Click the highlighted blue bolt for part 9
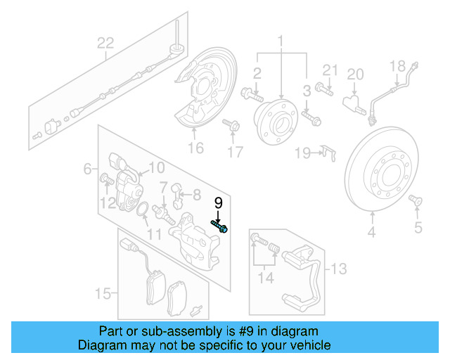click(x=219, y=226)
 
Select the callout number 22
click(x=105, y=44)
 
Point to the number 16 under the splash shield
click(x=195, y=148)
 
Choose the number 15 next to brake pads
click(x=103, y=292)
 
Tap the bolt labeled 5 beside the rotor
click(x=414, y=202)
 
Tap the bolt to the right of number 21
click(x=326, y=89)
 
